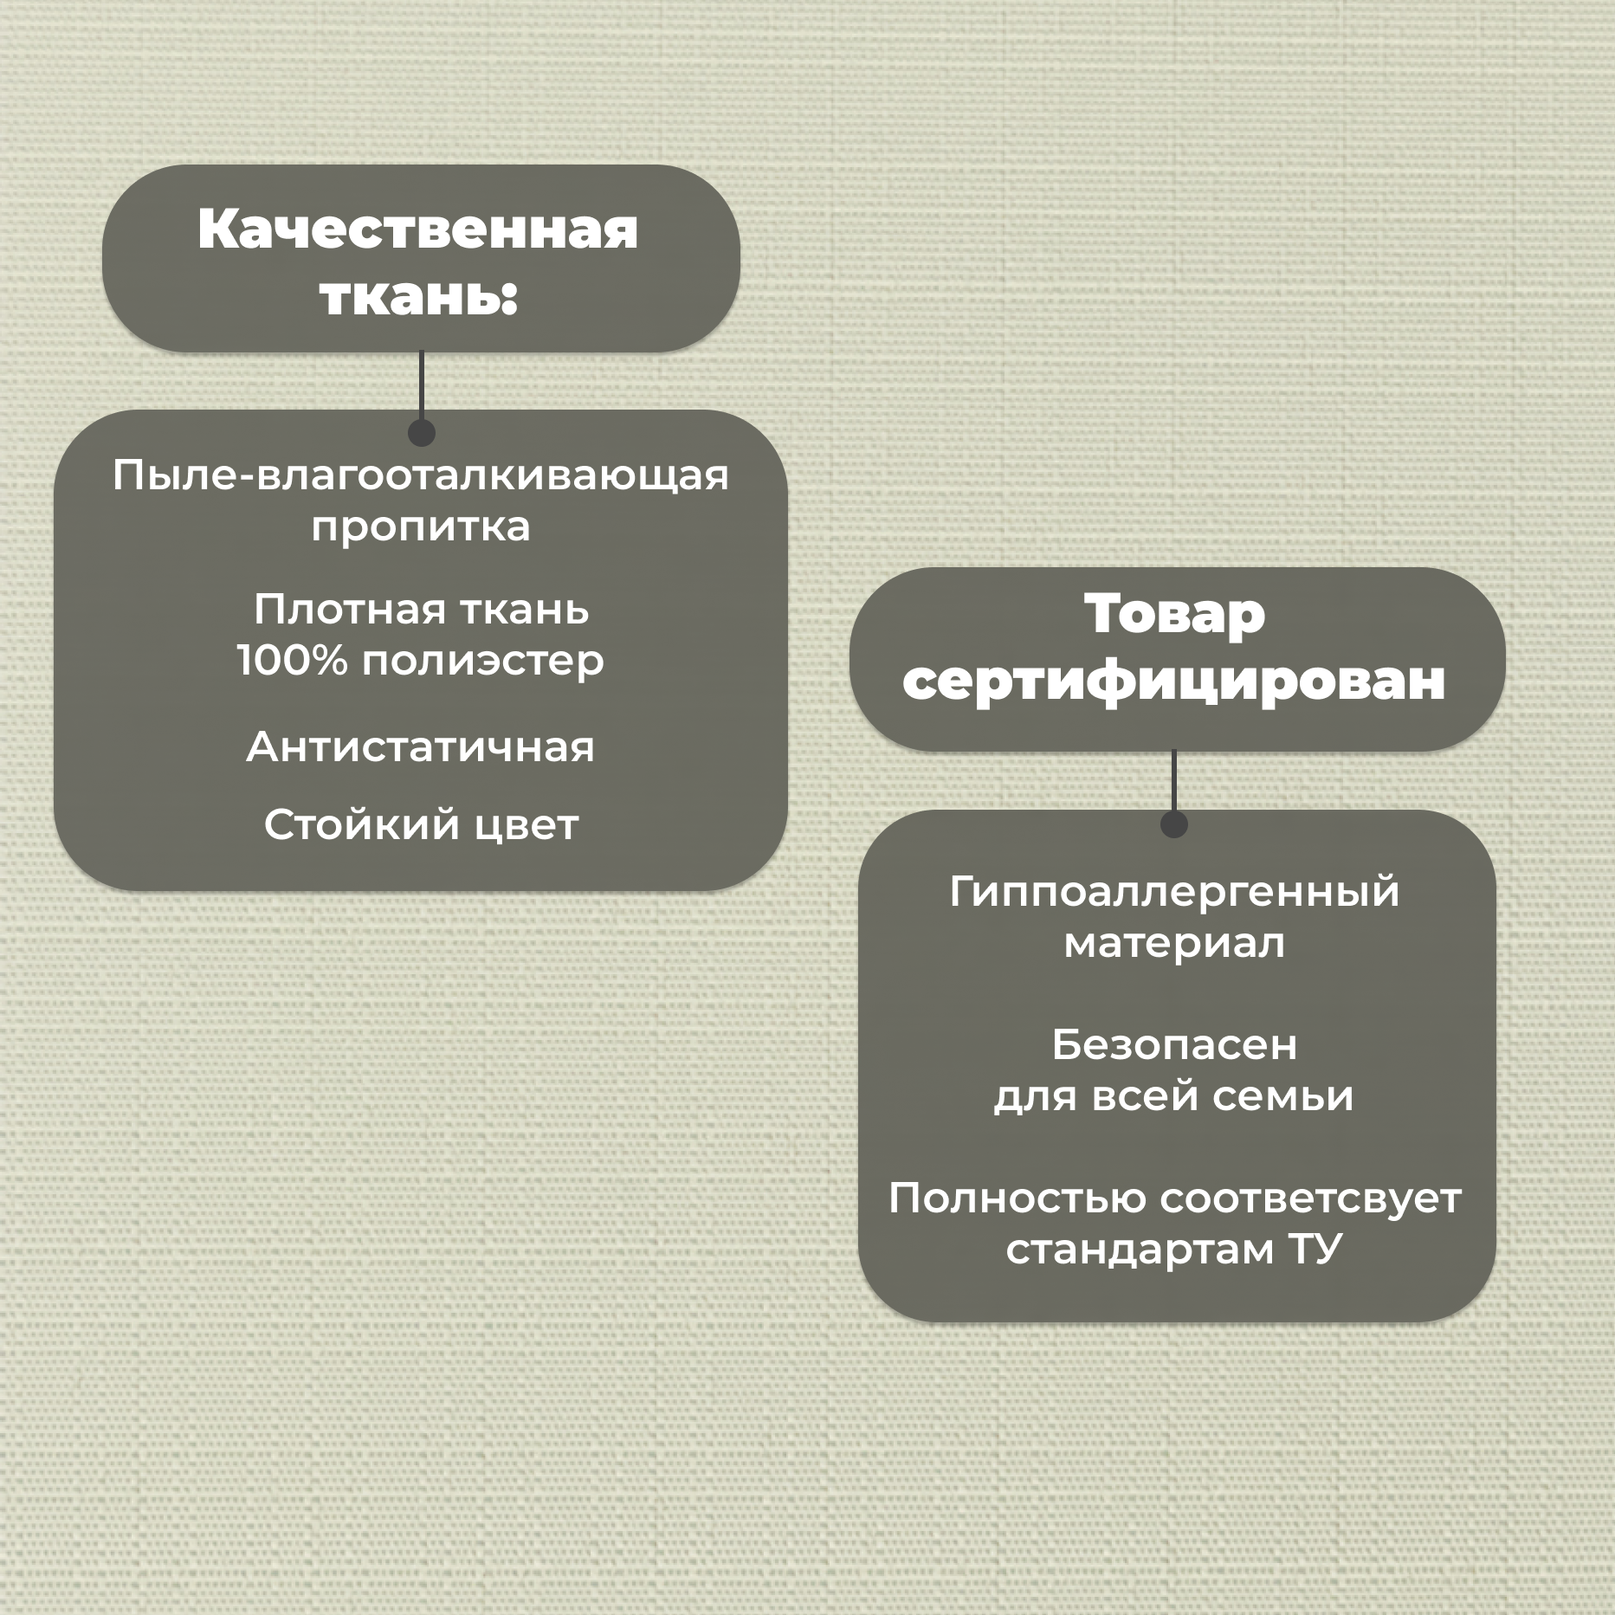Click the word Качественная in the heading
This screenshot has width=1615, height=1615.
pyautogui.click(x=418, y=230)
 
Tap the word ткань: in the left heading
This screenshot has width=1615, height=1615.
pyautogui.click(x=418, y=297)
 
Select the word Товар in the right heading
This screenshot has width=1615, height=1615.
pyautogui.click(x=1174, y=613)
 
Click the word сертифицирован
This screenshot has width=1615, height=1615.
pyautogui.click(x=1174, y=681)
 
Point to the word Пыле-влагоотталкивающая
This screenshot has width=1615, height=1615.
pyautogui.click(x=421, y=476)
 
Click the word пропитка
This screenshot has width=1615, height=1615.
pyautogui.click(x=421, y=526)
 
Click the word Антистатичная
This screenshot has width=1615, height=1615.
pyautogui.click(x=421, y=746)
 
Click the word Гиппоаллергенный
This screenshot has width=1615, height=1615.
pyautogui.click(x=1174, y=892)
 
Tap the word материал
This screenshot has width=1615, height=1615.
pyautogui.click(x=1174, y=943)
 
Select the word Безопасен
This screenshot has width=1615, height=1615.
pyautogui.click(x=1174, y=1045)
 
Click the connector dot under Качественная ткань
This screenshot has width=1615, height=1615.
pyautogui.click(x=421, y=432)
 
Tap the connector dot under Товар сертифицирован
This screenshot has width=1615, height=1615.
pyautogui.click(x=1173, y=824)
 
